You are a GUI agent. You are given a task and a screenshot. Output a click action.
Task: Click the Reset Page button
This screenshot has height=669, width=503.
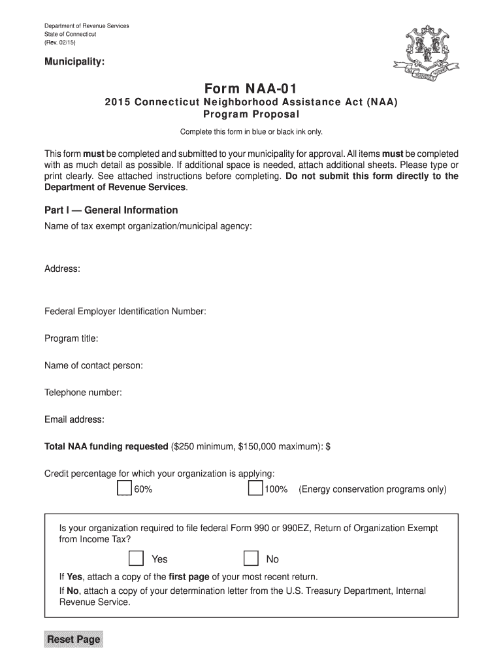click(x=73, y=639)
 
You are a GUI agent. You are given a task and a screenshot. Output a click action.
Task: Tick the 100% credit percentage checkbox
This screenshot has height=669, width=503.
click(x=255, y=489)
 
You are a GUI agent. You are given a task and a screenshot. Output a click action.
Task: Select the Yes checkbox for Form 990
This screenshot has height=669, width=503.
click(x=136, y=558)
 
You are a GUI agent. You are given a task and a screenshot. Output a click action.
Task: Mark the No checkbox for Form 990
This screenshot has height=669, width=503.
click(x=251, y=558)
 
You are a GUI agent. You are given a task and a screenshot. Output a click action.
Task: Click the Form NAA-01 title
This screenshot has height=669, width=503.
click(x=251, y=87)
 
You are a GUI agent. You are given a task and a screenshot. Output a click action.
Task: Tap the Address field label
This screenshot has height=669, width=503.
click(x=62, y=269)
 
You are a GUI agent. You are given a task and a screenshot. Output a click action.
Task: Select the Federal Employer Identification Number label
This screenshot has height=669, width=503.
click(x=125, y=312)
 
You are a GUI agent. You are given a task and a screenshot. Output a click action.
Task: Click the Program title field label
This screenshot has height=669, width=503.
click(x=71, y=338)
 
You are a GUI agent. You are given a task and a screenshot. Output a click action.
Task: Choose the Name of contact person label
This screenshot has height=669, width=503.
click(x=93, y=365)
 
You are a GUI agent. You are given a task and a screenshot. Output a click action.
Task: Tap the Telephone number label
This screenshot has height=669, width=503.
click(x=83, y=392)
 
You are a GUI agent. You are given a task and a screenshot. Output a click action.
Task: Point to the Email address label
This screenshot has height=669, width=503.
click(x=74, y=419)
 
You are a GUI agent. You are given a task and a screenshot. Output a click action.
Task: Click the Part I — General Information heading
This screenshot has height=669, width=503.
click(x=111, y=210)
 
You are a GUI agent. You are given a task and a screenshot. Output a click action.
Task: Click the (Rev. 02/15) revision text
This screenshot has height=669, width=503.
click(x=61, y=42)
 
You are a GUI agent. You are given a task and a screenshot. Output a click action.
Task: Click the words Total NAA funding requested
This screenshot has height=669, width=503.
click(x=106, y=446)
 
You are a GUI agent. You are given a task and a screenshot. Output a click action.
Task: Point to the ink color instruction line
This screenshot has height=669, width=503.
click(x=251, y=132)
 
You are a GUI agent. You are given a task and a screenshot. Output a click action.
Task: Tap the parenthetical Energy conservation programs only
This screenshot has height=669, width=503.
click(x=372, y=489)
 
